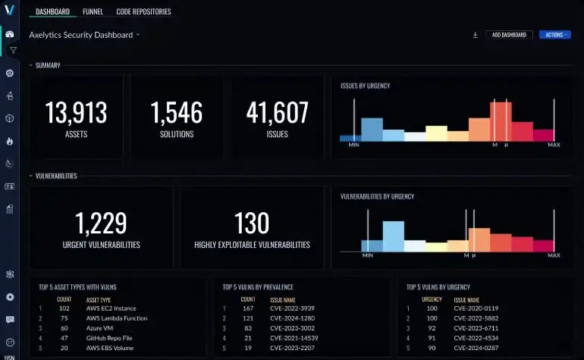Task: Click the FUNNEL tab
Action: (93, 12)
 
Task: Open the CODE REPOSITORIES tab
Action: (143, 12)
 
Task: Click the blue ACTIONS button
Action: (554, 35)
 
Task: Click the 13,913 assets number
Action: (76, 113)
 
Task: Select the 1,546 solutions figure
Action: (177, 113)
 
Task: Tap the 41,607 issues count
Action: (278, 113)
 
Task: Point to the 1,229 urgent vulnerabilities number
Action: (101, 224)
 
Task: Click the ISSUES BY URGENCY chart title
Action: (366, 86)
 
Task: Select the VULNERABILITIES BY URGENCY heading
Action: (377, 196)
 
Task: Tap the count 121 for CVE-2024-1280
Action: (248, 318)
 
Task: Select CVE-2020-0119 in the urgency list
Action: (476, 308)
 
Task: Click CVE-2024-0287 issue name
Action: (476, 347)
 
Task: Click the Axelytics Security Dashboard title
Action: (80, 35)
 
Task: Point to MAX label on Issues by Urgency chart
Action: (554, 145)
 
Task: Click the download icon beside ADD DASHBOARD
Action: (475, 35)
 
